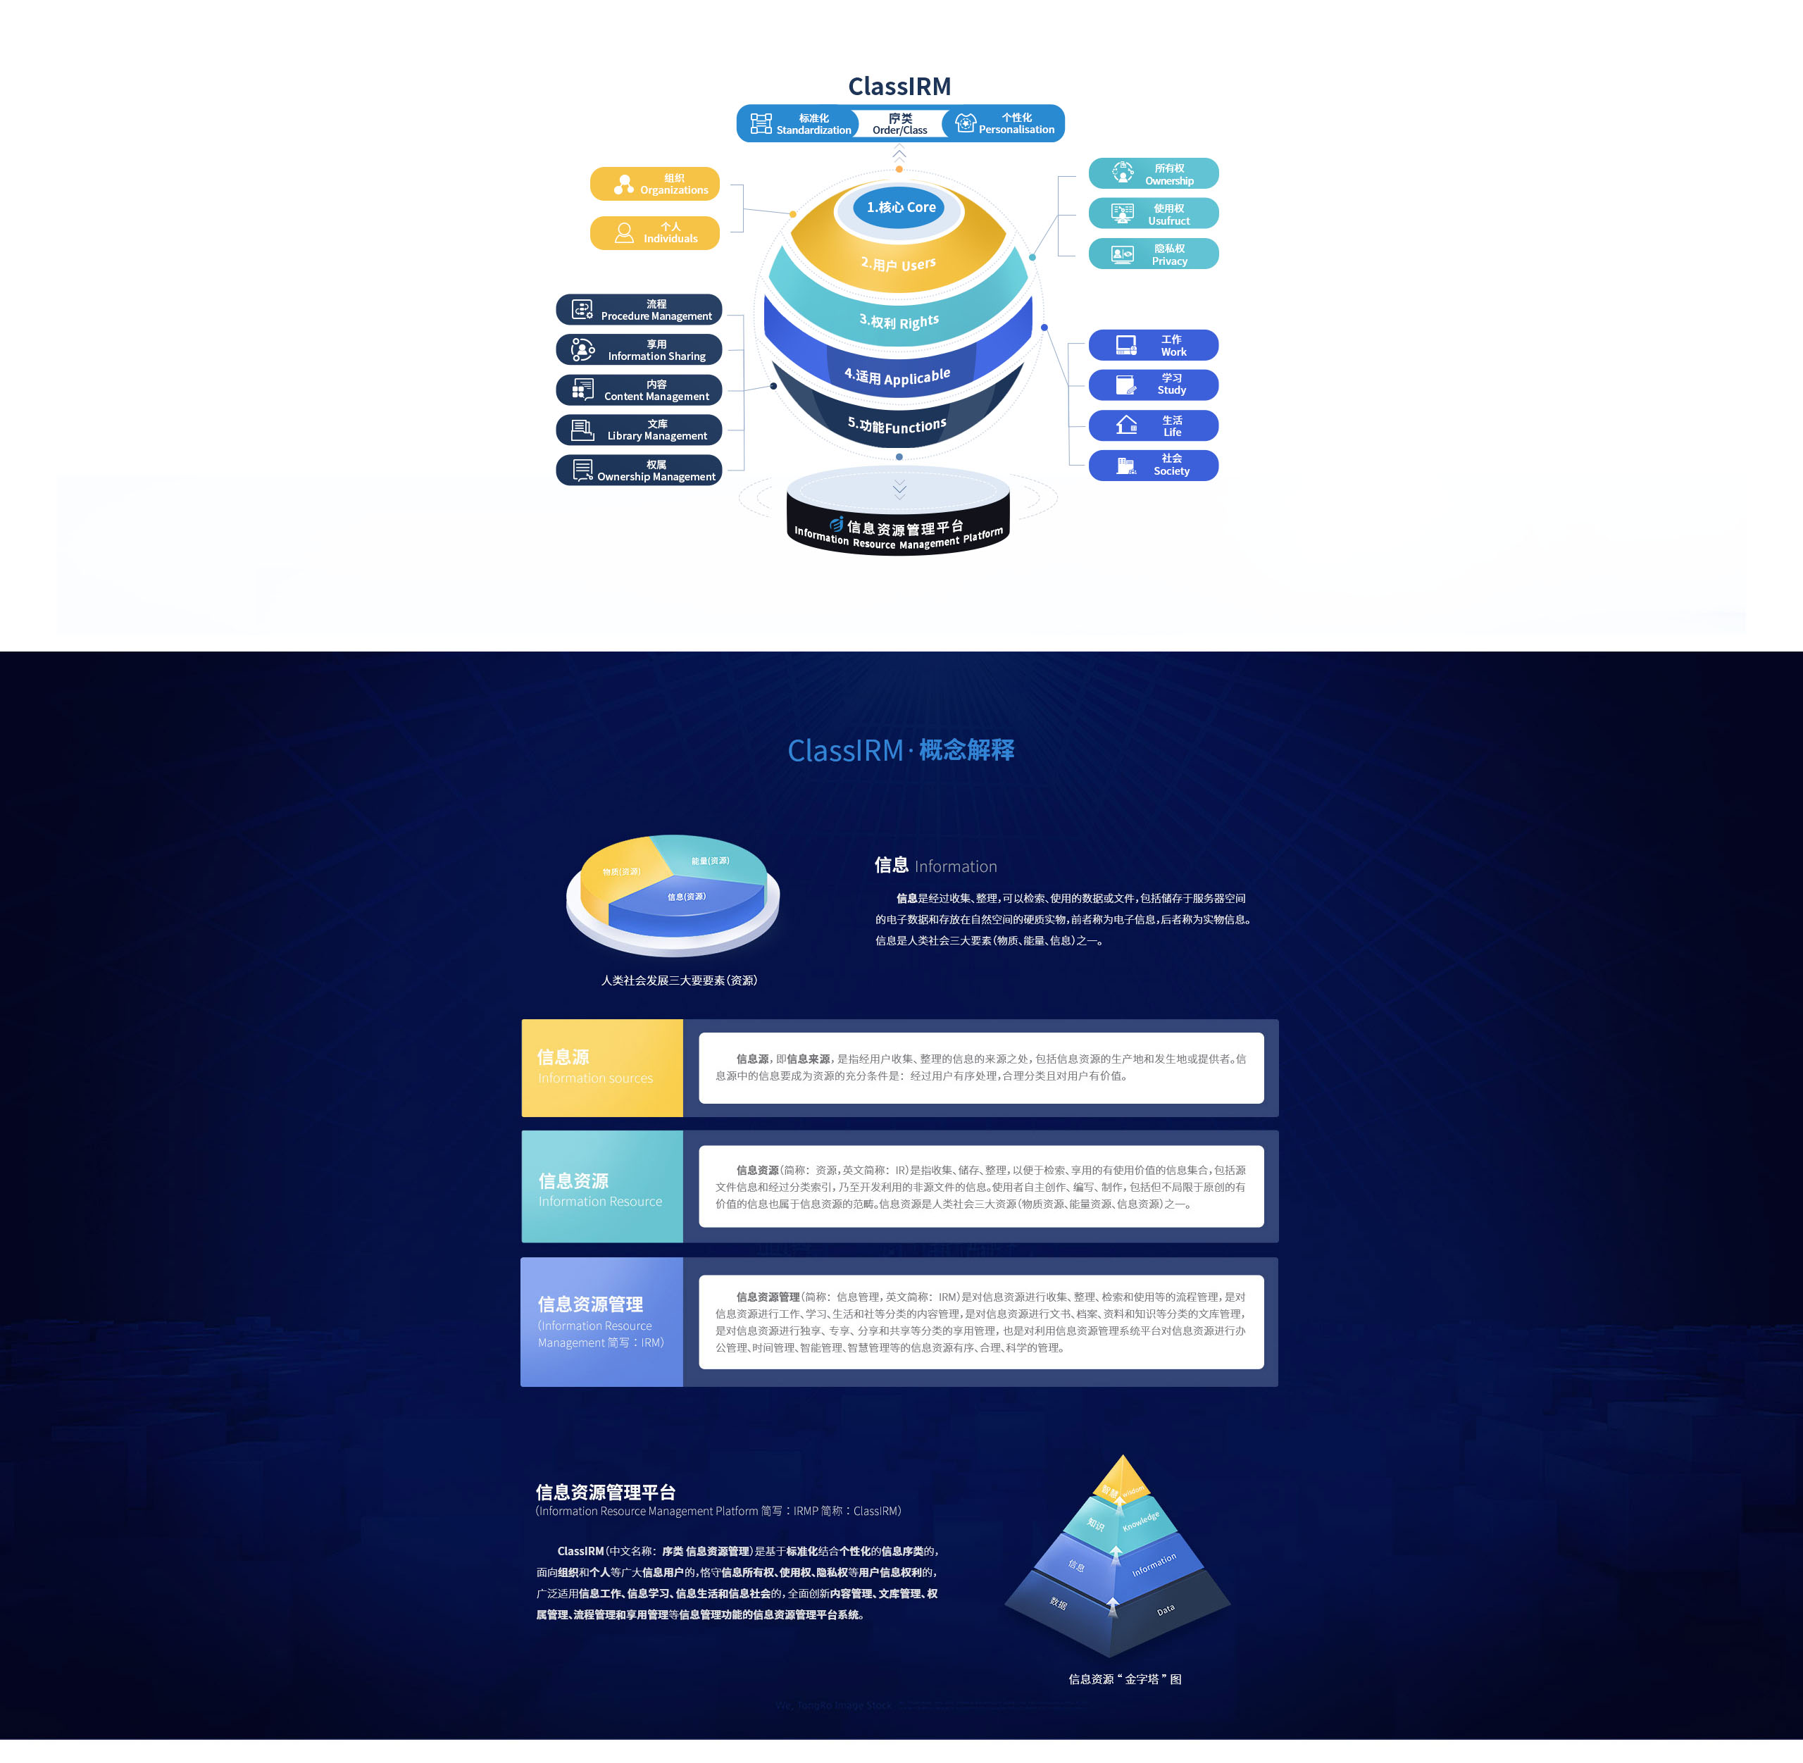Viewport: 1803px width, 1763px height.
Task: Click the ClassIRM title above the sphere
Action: coord(899,86)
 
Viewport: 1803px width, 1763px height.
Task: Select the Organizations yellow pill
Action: coord(655,183)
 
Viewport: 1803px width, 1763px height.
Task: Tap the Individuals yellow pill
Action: coord(655,232)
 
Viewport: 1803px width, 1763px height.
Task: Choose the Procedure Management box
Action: coord(639,309)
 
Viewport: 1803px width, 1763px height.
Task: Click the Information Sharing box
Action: coord(639,350)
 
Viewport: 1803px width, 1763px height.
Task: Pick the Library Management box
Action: coord(639,430)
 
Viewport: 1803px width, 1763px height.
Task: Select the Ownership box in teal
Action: coord(1153,174)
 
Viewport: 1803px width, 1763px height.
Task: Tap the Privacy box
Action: coord(1153,254)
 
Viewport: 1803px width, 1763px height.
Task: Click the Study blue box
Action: coord(1153,385)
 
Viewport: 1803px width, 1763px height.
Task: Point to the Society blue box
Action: coord(1153,465)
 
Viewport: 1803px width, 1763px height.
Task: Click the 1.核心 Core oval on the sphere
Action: coord(900,207)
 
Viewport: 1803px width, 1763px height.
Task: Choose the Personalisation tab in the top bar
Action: coord(1005,124)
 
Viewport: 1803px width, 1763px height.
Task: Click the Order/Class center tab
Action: coord(899,124)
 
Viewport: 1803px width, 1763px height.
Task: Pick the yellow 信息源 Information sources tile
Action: coord(602,1068)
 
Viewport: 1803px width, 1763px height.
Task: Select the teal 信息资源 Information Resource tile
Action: coord(602,1186)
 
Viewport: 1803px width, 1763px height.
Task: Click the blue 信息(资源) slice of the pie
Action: coord(686,903)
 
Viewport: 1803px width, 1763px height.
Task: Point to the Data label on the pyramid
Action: coord(1165,1610)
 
